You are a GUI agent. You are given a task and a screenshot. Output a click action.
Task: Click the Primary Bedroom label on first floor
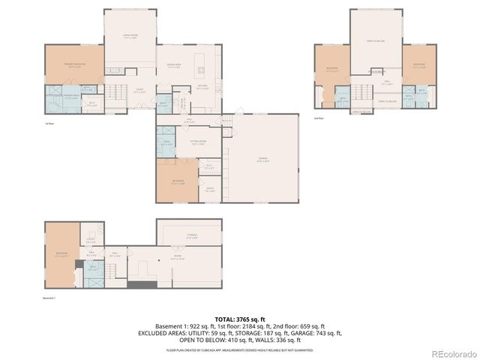73,66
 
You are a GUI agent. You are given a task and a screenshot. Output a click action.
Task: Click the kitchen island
201,71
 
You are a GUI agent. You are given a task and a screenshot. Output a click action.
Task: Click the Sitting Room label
199,142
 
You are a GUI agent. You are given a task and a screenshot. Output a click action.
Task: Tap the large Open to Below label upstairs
375,40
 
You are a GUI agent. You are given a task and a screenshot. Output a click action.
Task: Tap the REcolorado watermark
454,353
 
